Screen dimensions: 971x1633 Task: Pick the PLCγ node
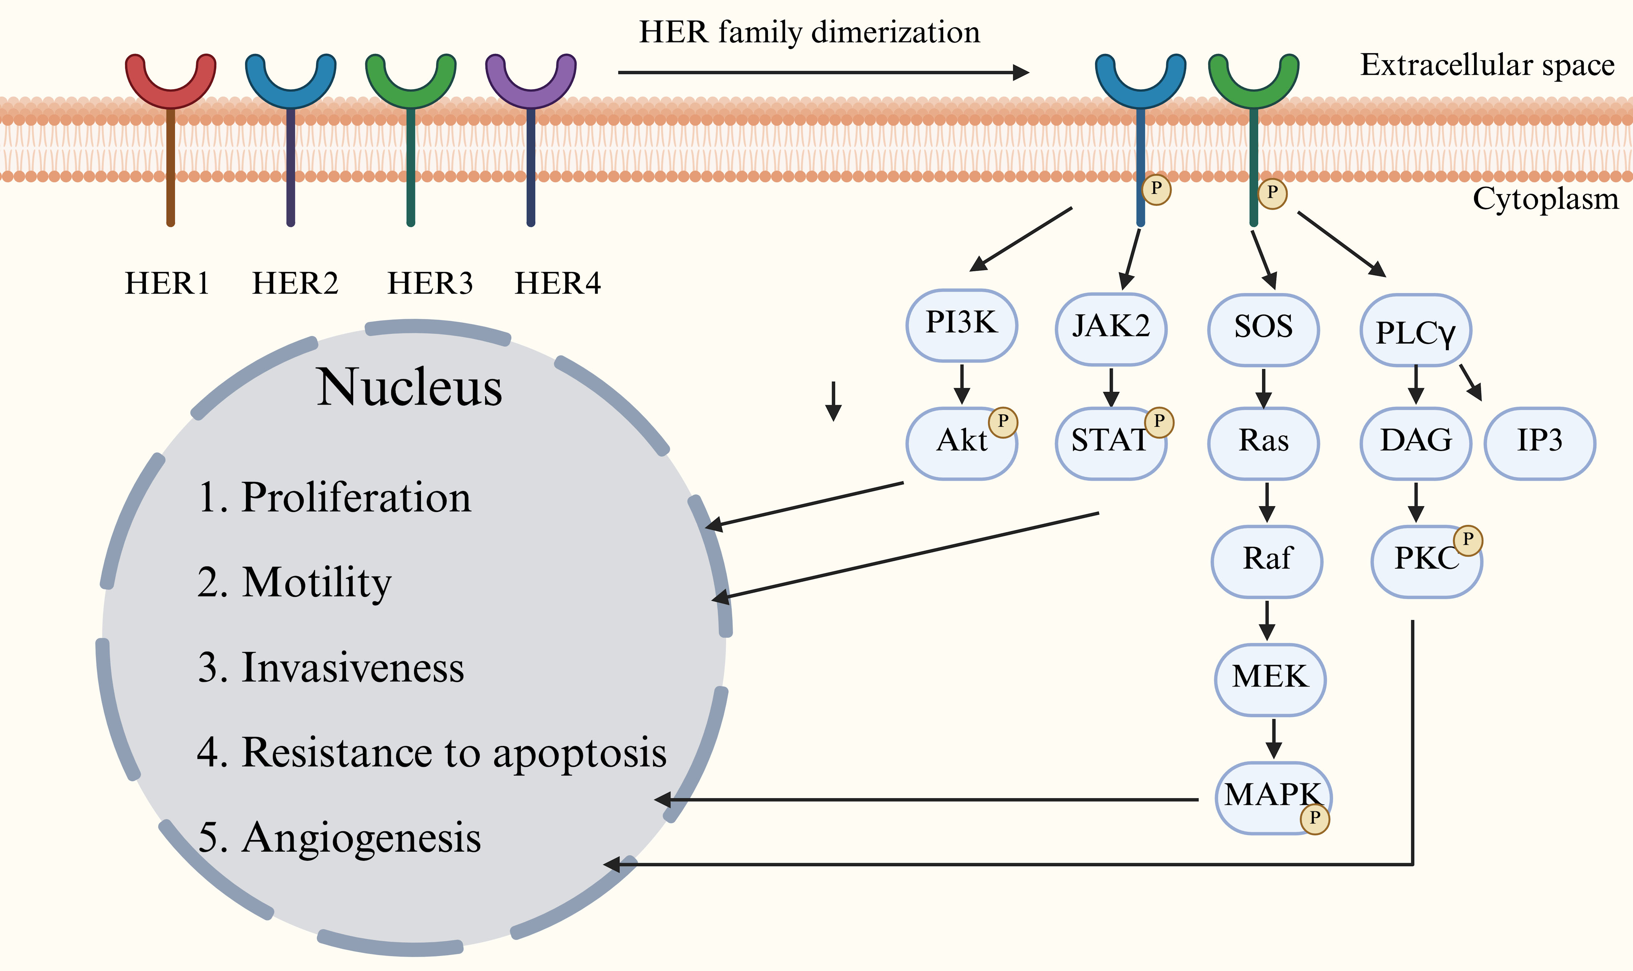pyautogui.click(x=1416, y=331)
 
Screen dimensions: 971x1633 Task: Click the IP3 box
pyautogui.click(x=1539, y=443)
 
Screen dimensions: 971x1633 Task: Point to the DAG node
pyautogui.click(x=1416, y=443)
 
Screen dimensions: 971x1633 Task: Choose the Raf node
pyautogui.click(x=1266, y=561)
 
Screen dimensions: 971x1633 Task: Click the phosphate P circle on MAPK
pyautogui.click(x=1314, y=819)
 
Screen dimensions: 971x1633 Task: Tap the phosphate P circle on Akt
pyautogui.click(x=1003, y=422)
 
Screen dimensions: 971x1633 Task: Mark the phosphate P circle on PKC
pyautogui.click(x=1468, y=540)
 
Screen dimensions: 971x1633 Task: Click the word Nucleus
pyautogui.click(x=410, y=388)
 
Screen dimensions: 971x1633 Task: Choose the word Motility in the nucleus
pyautogui.click(x=317, y=582)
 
